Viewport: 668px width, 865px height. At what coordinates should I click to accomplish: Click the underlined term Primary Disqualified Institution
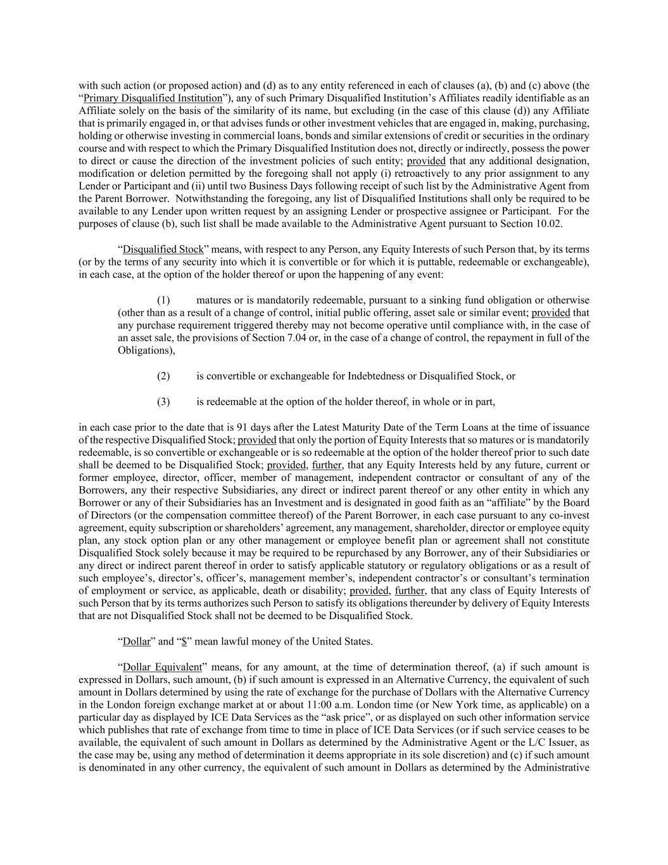153,98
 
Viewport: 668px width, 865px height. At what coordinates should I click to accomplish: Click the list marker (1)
163,300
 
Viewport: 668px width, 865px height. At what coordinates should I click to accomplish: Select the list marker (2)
163,376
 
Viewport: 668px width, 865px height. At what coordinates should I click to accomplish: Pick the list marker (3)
163,401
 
